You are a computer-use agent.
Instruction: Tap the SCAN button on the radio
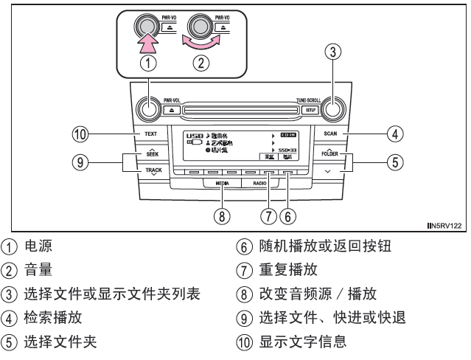pyautogui.click(x=329, y=135)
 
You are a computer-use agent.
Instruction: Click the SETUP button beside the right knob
pyautogui.click(x=311, y=109)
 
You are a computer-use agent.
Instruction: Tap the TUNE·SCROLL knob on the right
pyautogui.click(x=333, y=108)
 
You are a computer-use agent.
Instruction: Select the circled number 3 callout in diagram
pyautogui.click(x=333, y=53)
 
